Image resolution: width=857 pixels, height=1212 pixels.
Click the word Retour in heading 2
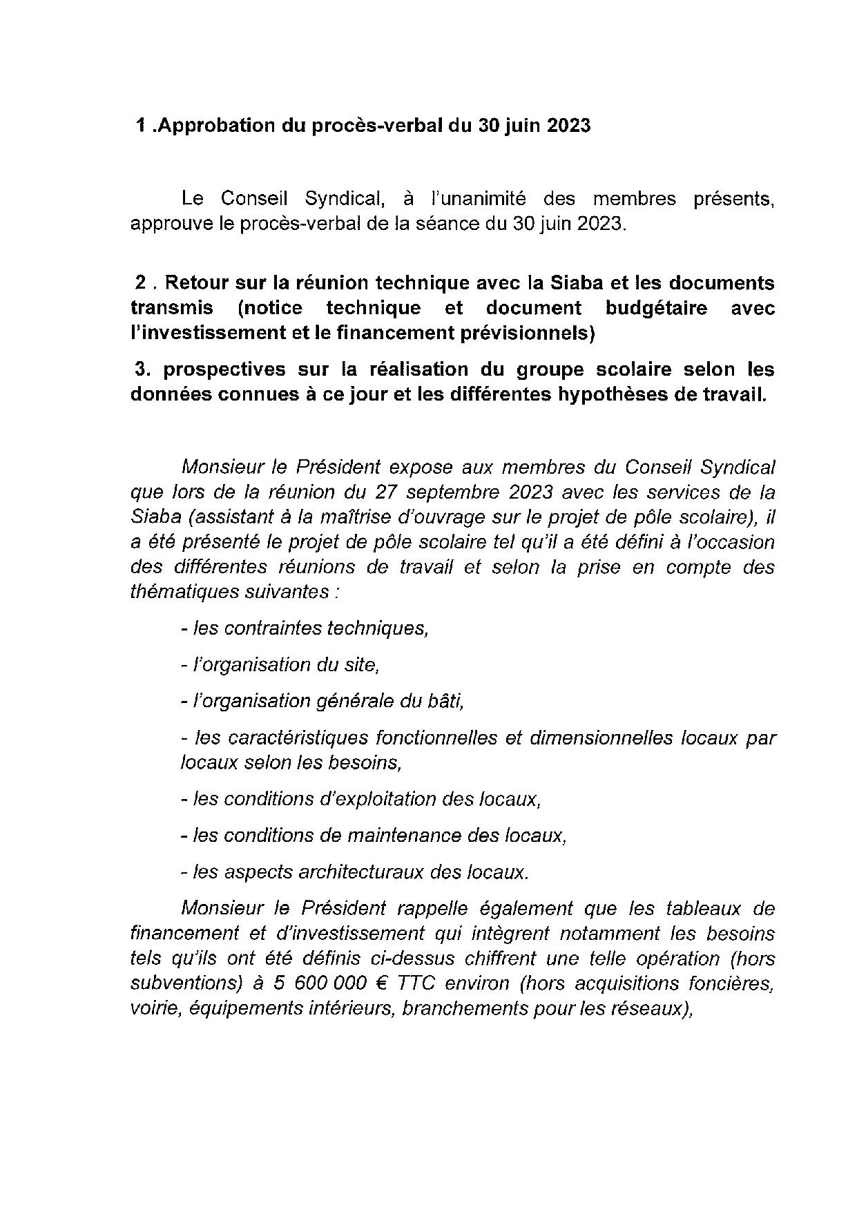pos(198,283)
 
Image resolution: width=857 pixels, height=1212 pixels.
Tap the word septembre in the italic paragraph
pos(449,492)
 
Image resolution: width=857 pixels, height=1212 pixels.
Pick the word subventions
pos(181,983)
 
